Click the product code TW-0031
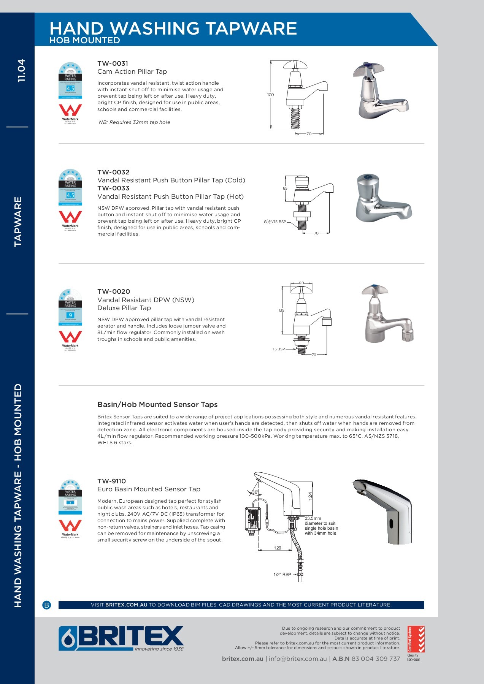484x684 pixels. [x=113, y=63]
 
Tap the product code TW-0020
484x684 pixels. [x=113, y=291]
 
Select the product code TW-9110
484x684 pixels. [x=111, y=481]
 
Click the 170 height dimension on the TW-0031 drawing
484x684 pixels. [x=270, y=95]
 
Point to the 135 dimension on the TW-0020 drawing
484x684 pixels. [x=281, y=310]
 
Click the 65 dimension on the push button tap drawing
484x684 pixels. [x=285, y=188]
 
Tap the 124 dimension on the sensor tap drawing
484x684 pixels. [x=310, y=496]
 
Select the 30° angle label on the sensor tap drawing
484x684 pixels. [x=255, y=492]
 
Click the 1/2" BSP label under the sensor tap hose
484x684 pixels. [x=282, y=575]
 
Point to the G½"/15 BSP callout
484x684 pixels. [x=275, y=222]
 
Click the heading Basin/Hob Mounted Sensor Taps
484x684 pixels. [x=157, y=405]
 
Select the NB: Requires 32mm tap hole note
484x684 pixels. [x=134, y=122]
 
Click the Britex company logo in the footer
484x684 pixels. [x=121, y=638]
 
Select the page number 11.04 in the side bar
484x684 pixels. [x=21, y=70]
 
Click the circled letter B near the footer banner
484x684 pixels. [x=47, y=605]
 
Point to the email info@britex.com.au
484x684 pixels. [x=298, y=659]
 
